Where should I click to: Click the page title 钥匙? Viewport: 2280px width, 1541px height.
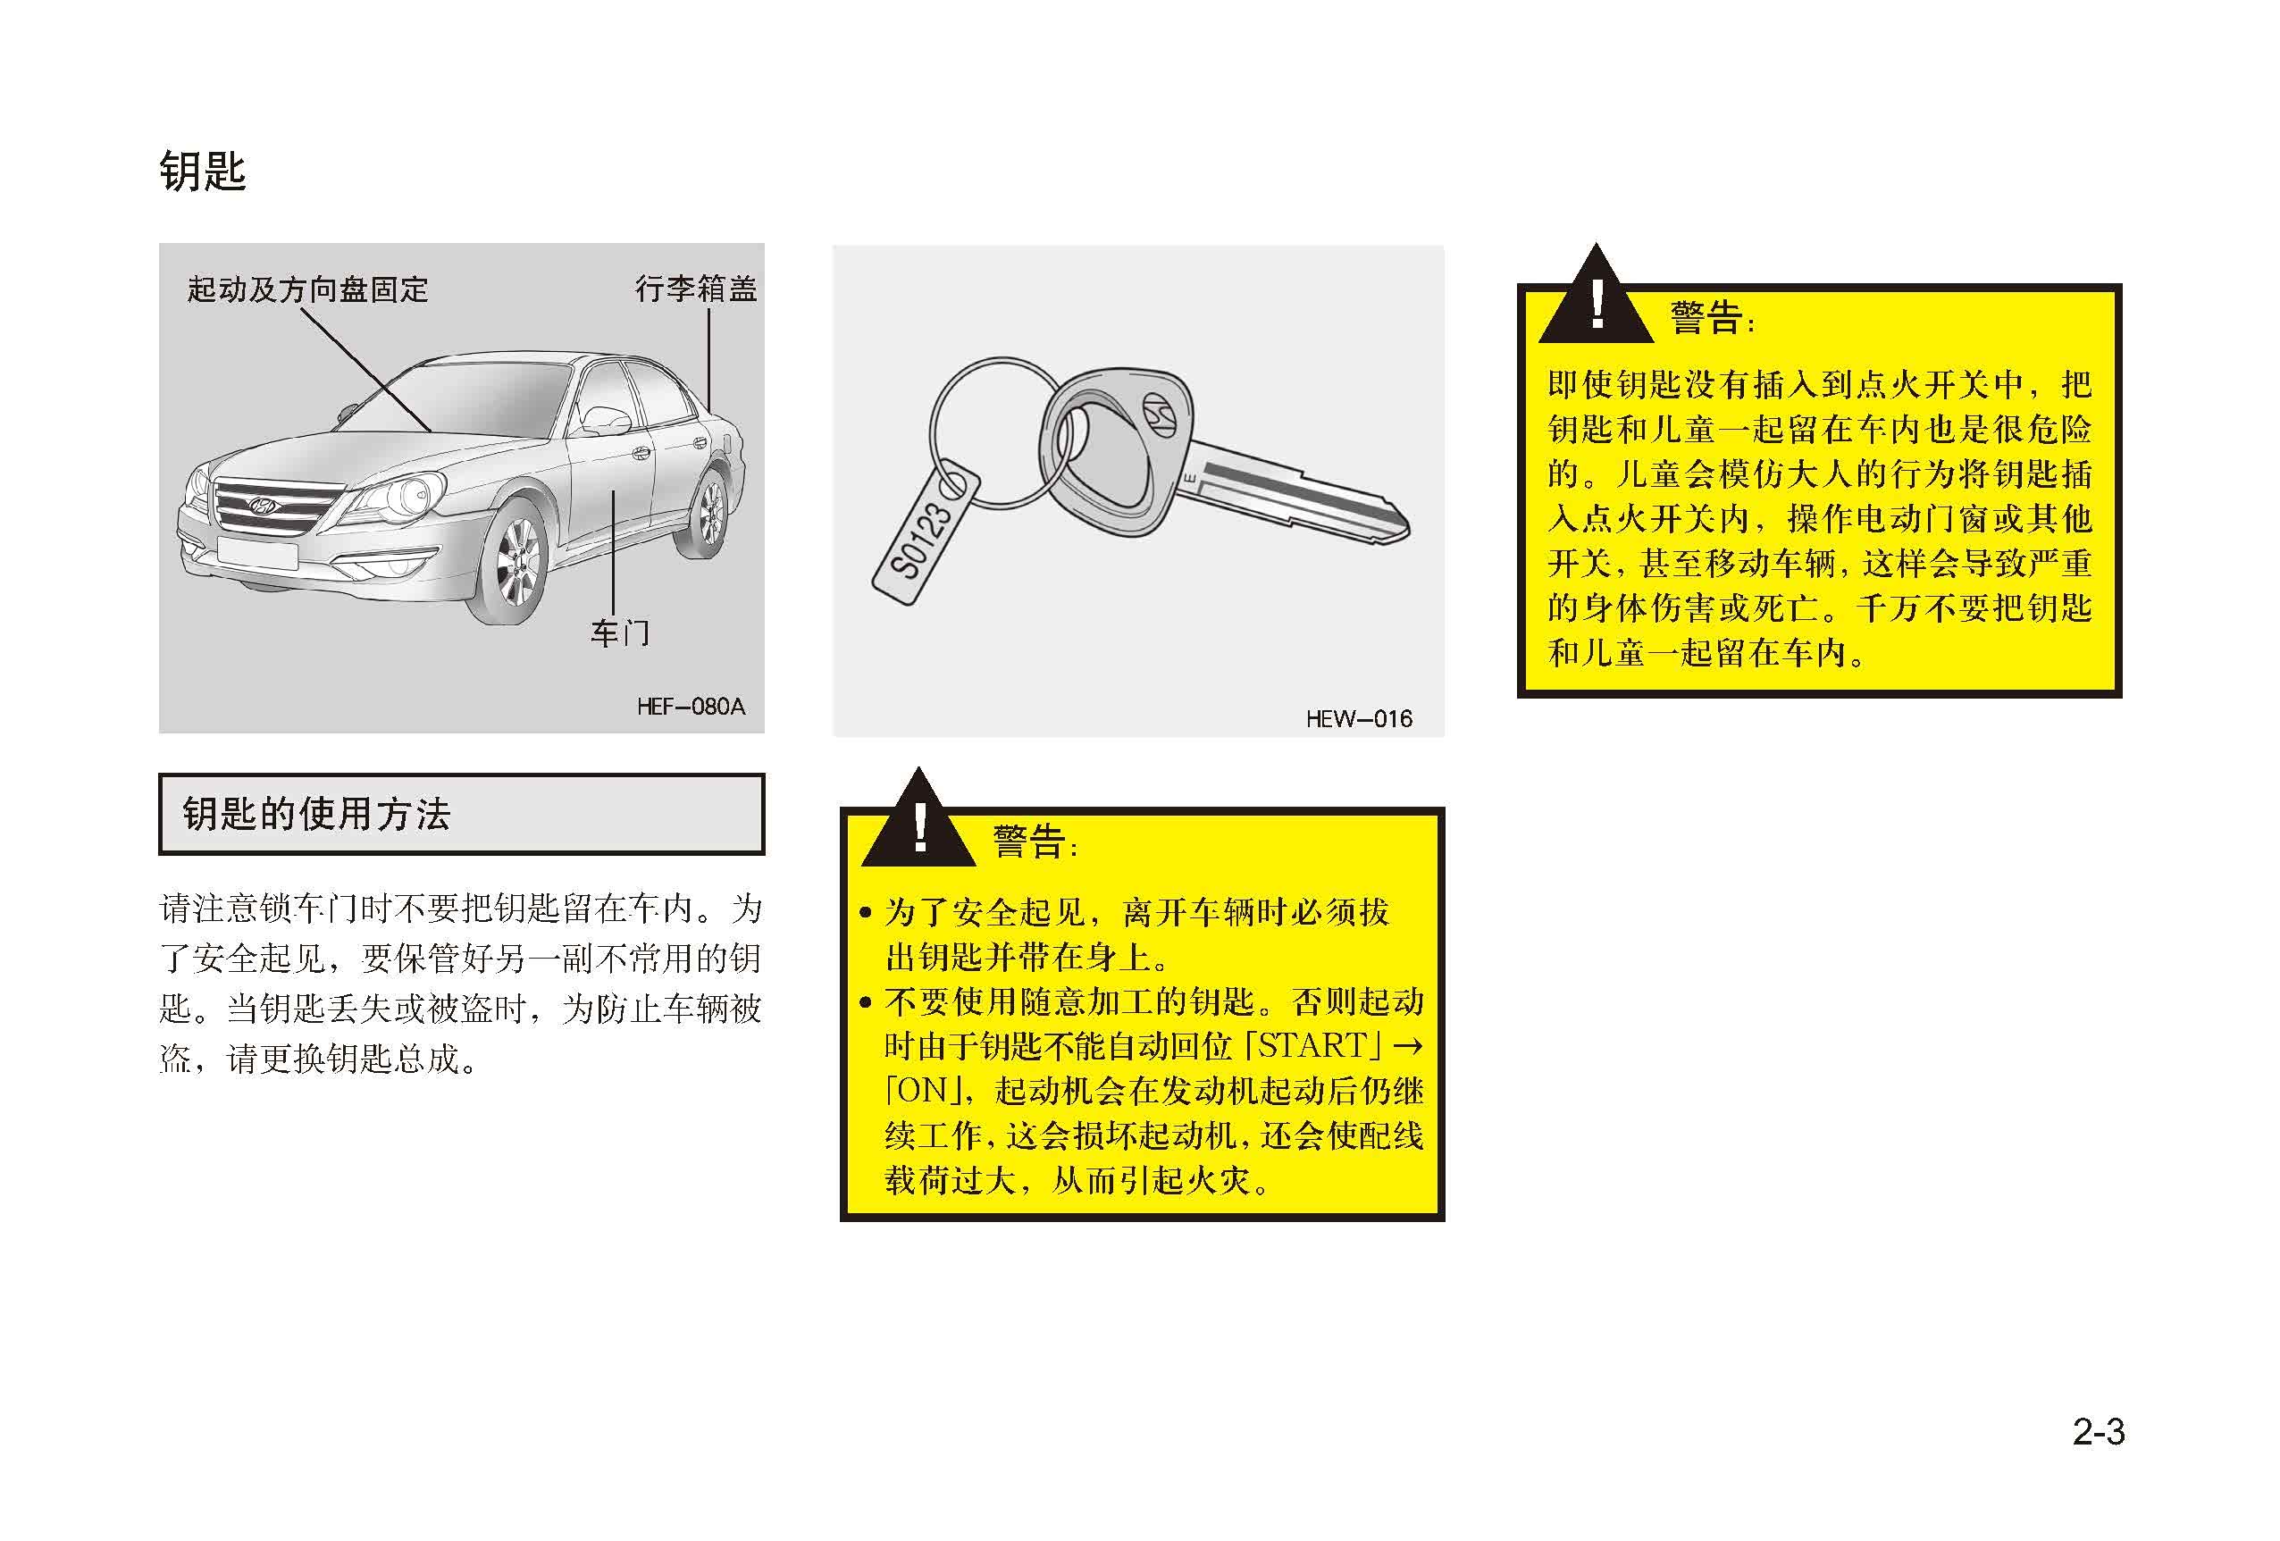202,172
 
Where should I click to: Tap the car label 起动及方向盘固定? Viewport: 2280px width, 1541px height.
307,289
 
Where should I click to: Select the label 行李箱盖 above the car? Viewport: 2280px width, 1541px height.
696,288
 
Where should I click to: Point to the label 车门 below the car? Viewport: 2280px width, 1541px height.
619,632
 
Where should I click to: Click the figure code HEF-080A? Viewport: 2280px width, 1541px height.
691,707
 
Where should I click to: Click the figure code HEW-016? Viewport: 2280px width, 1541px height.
1359,719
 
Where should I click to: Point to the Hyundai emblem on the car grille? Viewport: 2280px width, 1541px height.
262,507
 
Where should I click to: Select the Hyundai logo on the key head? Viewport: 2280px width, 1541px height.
1159,412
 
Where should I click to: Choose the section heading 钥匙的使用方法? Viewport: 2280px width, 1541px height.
316,814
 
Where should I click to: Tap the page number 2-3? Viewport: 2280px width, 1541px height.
2099,1431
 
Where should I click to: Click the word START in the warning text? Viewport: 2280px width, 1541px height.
1312,1045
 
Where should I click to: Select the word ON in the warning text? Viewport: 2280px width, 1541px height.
923,1091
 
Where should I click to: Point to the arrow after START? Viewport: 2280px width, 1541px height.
1408,1047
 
